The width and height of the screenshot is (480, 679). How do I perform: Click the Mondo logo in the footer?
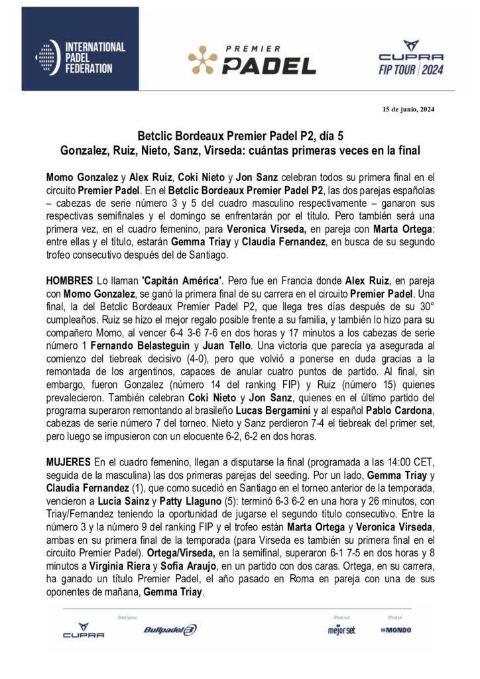click(396, 629)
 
